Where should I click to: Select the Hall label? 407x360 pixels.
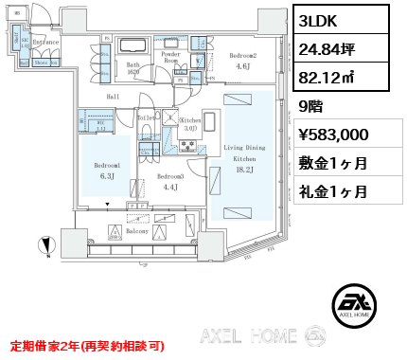coord(112,97)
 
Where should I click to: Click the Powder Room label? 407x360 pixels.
coord(171,59)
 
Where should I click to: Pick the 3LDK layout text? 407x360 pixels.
coord(320,20)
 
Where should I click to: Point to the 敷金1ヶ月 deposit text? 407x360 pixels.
coord(333,163)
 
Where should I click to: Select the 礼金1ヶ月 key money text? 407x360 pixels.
coord(333,191)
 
